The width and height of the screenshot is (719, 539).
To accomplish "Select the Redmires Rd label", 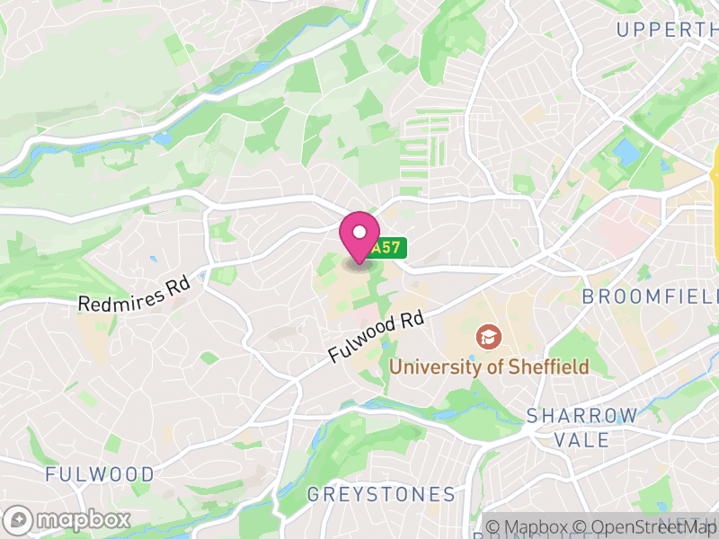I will coord(135,294).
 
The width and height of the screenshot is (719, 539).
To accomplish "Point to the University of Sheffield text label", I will coord(489,367).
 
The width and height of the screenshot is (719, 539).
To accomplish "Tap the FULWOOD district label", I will coord(100,473).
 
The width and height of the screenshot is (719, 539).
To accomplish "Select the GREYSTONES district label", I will coord(381,494).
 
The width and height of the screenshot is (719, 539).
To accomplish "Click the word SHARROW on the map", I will coord(582,416).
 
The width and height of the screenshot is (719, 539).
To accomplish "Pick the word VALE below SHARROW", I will coord(582,440).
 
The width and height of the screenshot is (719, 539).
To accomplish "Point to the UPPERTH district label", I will coord(667,30).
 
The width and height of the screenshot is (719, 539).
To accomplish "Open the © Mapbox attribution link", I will coord(530,527).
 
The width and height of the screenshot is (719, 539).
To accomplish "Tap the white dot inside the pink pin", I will coord(359,232).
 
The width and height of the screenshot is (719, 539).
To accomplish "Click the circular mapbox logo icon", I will coord(19,519).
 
